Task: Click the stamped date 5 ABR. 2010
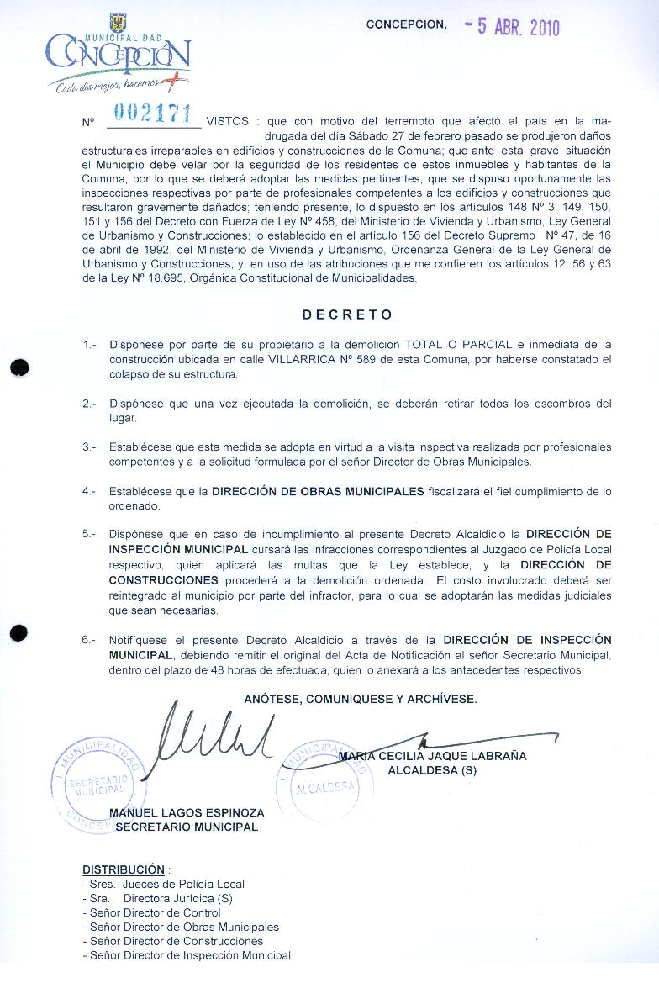512,27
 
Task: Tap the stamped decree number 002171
151,114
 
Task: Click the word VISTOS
227,121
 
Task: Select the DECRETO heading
347,314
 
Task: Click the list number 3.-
90,447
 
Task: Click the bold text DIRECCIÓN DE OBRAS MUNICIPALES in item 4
318,491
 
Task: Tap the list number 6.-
90,640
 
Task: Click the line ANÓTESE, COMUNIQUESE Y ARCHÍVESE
361,699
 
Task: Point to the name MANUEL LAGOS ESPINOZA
187,813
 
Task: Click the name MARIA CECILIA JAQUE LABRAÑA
432,756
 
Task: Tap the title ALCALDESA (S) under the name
438,770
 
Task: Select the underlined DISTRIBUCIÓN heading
123,869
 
